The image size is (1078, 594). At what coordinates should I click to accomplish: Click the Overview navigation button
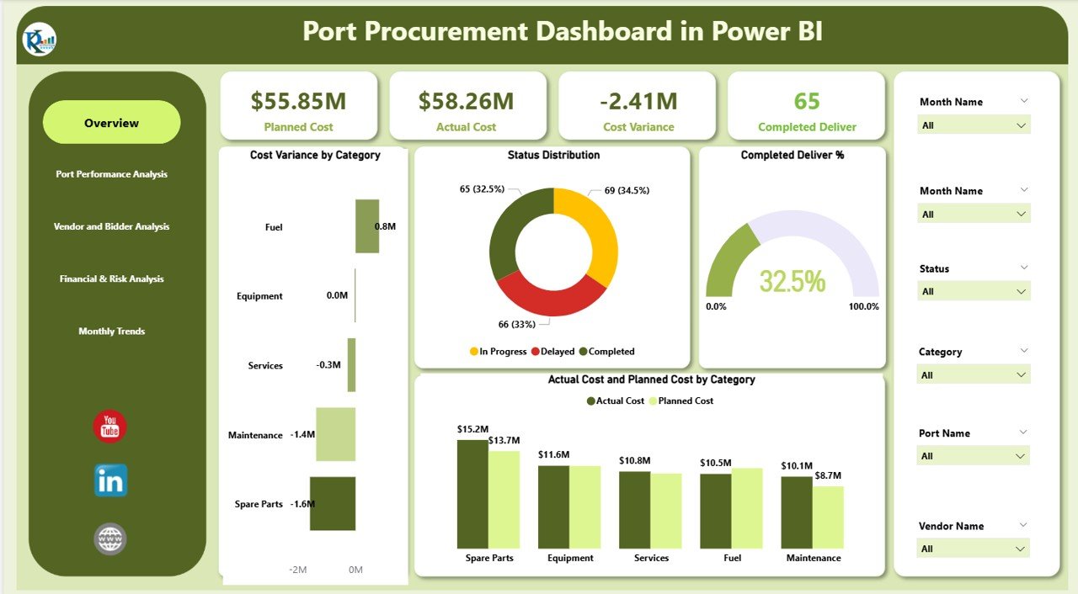point(111,123)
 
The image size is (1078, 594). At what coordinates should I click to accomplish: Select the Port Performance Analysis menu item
point(111,174)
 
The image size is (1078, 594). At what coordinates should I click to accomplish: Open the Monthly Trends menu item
point(111,331)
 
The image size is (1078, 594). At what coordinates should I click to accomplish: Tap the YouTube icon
point(109,427)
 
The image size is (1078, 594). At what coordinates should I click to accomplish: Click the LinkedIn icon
point(110,480)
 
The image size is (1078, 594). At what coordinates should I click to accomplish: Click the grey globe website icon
point(110,538)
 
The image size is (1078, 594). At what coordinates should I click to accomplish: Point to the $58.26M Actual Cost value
point(467,101)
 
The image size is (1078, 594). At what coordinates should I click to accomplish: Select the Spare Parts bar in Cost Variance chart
point(332,504)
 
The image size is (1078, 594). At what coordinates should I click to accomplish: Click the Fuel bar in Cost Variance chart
point(366,226)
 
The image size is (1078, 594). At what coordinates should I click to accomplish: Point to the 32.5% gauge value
point(792,281)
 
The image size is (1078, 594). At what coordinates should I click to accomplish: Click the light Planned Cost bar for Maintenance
point(828,517)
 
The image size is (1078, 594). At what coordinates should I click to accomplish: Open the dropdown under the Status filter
point(974,291)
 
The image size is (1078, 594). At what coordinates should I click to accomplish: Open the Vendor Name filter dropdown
point(974,549)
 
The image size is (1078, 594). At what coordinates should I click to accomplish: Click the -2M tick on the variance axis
point(297,570)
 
